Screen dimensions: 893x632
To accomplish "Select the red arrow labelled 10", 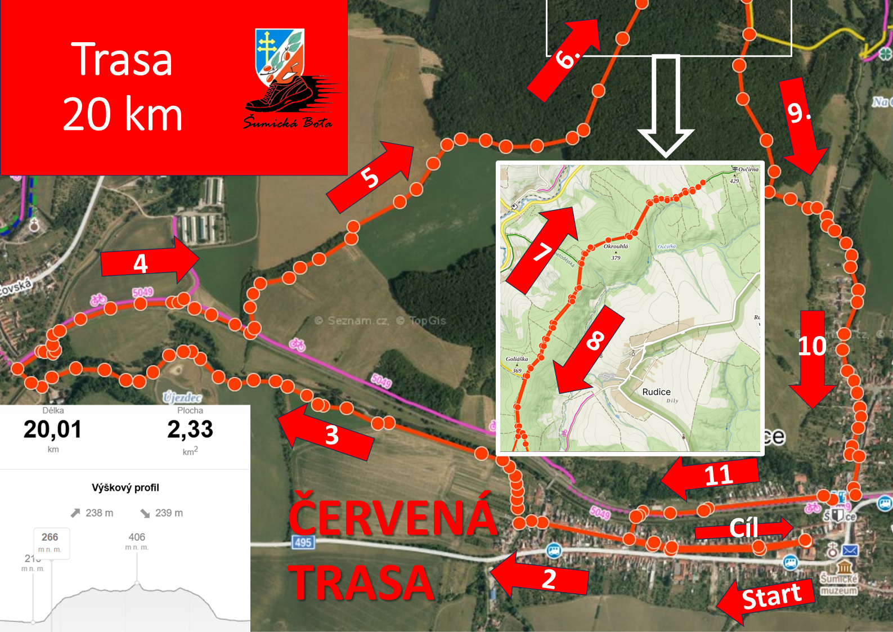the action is click(x=812, y=355).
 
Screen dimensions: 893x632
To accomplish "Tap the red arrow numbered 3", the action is click(x=326, y=431).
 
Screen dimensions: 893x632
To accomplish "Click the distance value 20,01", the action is click(x=53, y=430).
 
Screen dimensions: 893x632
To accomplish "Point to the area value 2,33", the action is click(x=190, y=430).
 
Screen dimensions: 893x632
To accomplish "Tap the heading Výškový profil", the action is click(x=125, y=487).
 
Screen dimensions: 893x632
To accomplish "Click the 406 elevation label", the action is click(x=137, y=537).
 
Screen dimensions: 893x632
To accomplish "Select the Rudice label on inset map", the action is click(x=656, y=392).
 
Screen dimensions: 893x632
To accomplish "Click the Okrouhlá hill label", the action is click(x=616, y=246).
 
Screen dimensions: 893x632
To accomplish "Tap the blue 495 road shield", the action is click(x=303, y=542).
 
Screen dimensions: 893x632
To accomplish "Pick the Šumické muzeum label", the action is click(x=838, y=584).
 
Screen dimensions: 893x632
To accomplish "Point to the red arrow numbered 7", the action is click(x=542, y=249).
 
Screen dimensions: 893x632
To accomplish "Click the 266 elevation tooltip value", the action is click(x=50, y=537).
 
